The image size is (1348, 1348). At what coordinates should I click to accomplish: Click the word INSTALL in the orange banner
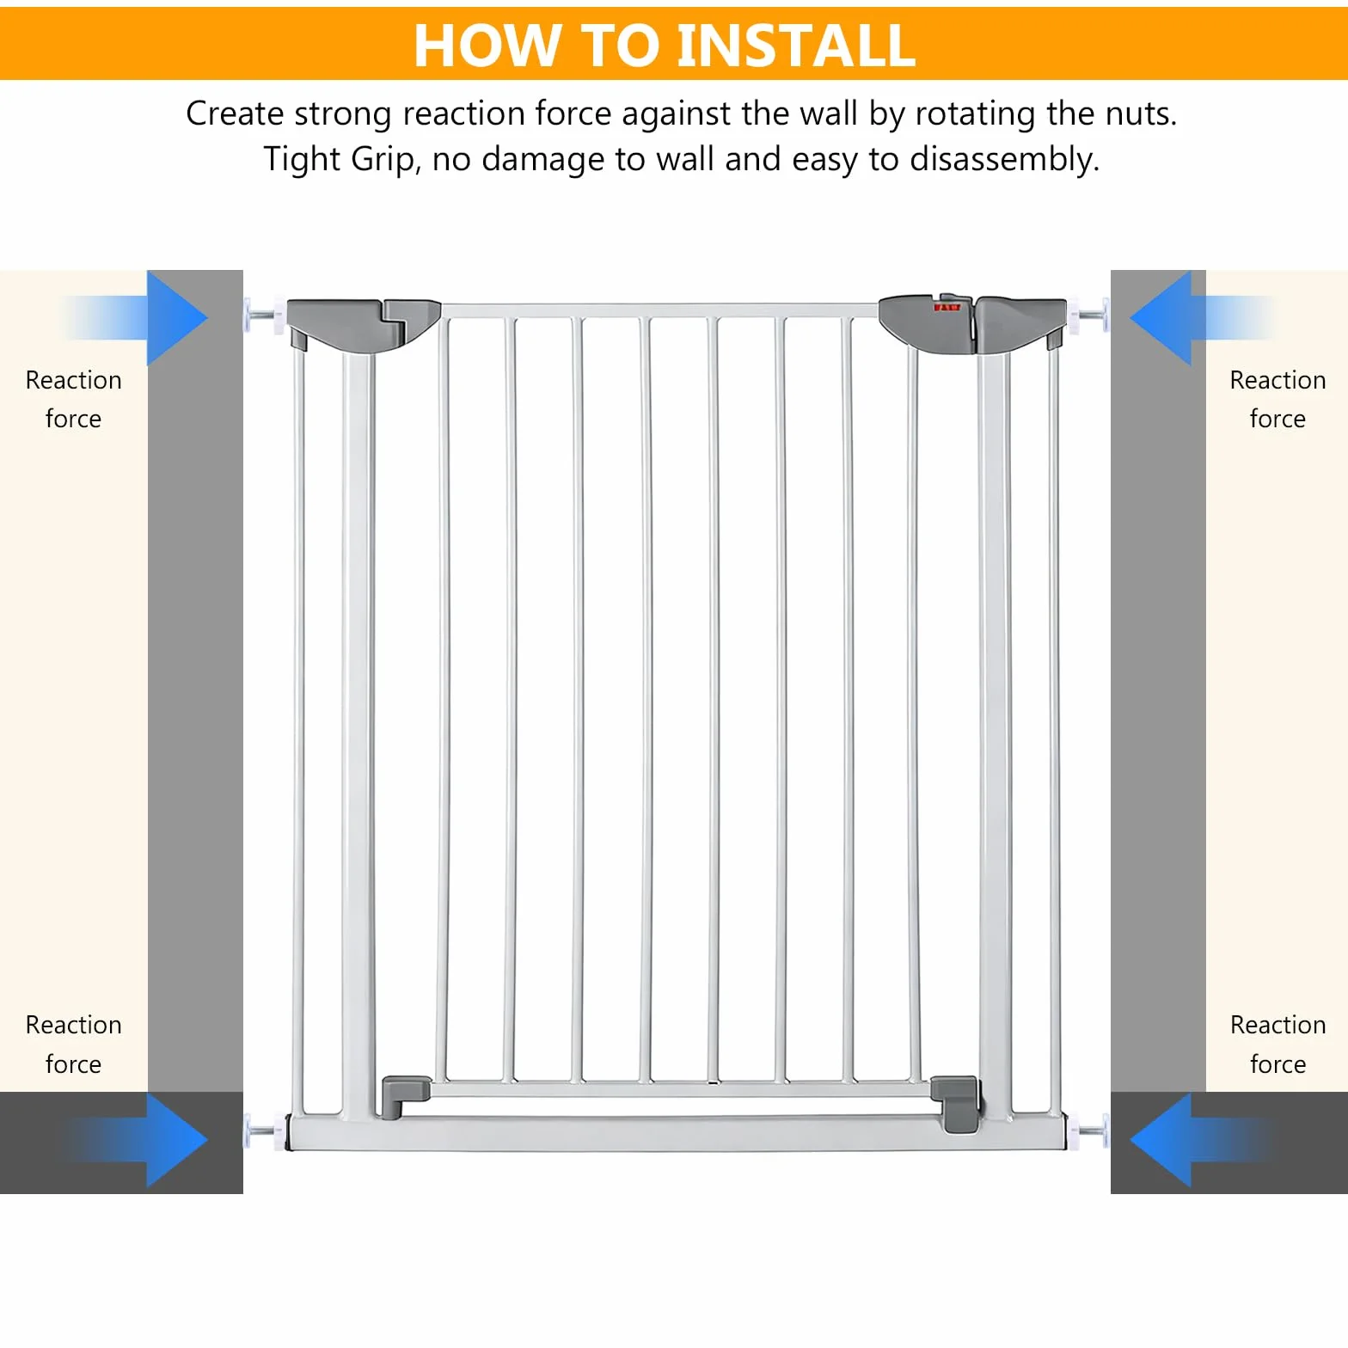(796, 45)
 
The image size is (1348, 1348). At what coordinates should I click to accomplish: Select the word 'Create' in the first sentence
(235, 113)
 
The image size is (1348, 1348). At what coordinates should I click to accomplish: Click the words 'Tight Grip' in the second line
(342, 160)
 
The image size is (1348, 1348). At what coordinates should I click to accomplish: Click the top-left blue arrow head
(177, 318)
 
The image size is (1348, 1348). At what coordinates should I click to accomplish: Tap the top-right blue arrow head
(1161, 318)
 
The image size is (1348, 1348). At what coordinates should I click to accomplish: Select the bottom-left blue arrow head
(177, 1140)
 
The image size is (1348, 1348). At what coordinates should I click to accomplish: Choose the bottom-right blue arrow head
(1161, 1140)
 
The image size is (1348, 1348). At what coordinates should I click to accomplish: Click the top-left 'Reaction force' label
(74, 399)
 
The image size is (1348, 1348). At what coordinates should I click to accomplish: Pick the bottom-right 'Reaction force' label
(1278, 1044)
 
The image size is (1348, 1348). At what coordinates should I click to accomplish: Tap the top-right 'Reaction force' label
(1278, 399)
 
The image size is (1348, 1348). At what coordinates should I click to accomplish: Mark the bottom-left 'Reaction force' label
(74, 1044)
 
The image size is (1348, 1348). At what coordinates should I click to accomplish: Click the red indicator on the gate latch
(947, 307)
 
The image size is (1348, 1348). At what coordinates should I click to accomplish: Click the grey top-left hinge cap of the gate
(363, 325)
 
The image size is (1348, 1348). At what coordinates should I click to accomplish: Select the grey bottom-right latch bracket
(956, 1103)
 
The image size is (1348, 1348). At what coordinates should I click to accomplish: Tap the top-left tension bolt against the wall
(264, 316)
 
